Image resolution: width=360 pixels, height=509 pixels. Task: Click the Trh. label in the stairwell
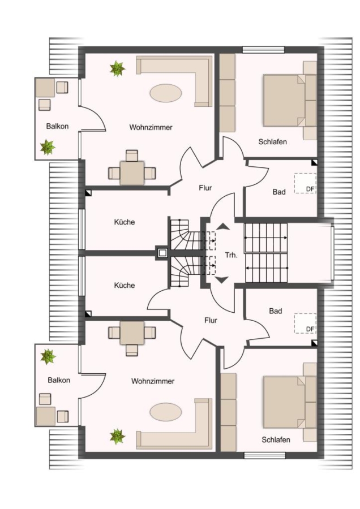pos(232,255)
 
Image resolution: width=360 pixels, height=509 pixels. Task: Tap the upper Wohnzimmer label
pos(151,127)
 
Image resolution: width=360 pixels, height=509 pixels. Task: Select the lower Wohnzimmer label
pos(153,381)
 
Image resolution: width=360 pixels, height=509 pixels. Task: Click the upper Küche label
pos(125,222)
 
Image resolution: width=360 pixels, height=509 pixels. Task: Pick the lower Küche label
pos(125,286)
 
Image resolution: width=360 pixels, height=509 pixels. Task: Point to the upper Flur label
pos(205,188)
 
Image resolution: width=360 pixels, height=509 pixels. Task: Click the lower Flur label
pos(211,321)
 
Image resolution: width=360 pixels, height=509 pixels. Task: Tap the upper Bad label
pos(279,192)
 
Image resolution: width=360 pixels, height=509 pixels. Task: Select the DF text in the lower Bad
pos(310,329)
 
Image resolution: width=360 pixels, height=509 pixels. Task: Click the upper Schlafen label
pos(273,141)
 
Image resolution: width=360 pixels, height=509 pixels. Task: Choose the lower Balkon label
pos(59,380)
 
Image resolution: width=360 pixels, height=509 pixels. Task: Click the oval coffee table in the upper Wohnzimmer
pos(166,93)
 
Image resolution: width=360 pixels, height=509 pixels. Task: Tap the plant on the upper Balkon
pos(48,148)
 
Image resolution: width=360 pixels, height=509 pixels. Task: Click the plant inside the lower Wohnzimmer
pos(117,437)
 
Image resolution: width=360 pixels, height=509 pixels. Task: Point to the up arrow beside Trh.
pos(223,227)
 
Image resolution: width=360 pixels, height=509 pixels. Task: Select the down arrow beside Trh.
pos(222,279)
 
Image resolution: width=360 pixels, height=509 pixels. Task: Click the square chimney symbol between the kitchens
pos(162,252)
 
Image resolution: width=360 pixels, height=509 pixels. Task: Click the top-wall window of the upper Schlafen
pos(264,50)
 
